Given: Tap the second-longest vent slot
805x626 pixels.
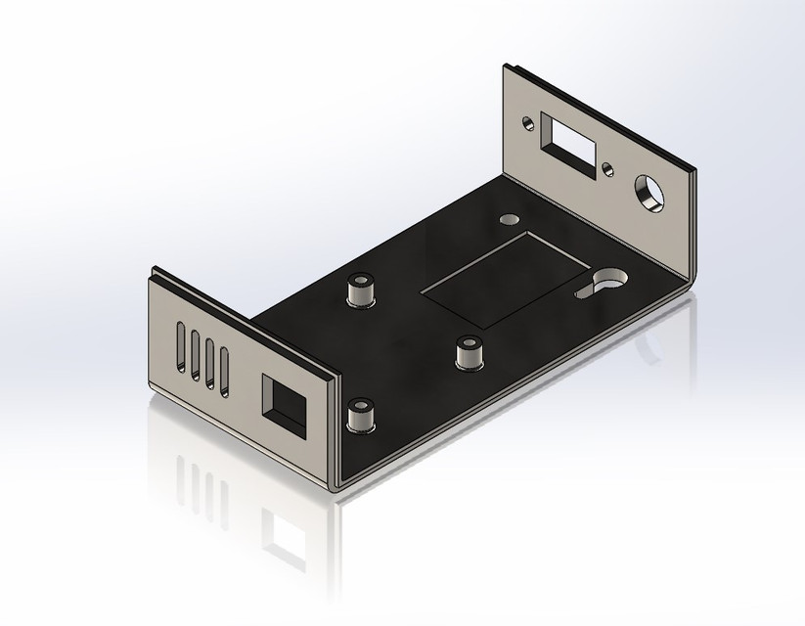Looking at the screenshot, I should tap(197, 355).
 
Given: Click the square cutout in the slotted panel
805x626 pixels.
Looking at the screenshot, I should tap(283, 400).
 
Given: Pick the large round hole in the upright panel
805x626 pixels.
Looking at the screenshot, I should tap(648, 191).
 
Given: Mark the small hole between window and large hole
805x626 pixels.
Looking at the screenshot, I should tap(609, 165).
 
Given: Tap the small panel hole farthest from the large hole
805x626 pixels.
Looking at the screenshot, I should tap(529, 123).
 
